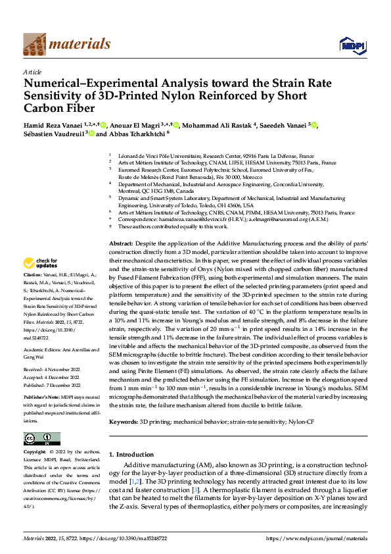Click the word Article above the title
pos(32,72)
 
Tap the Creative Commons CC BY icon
pos(41,438)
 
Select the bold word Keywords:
pos(123,419)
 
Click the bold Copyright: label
pos(35,453)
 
